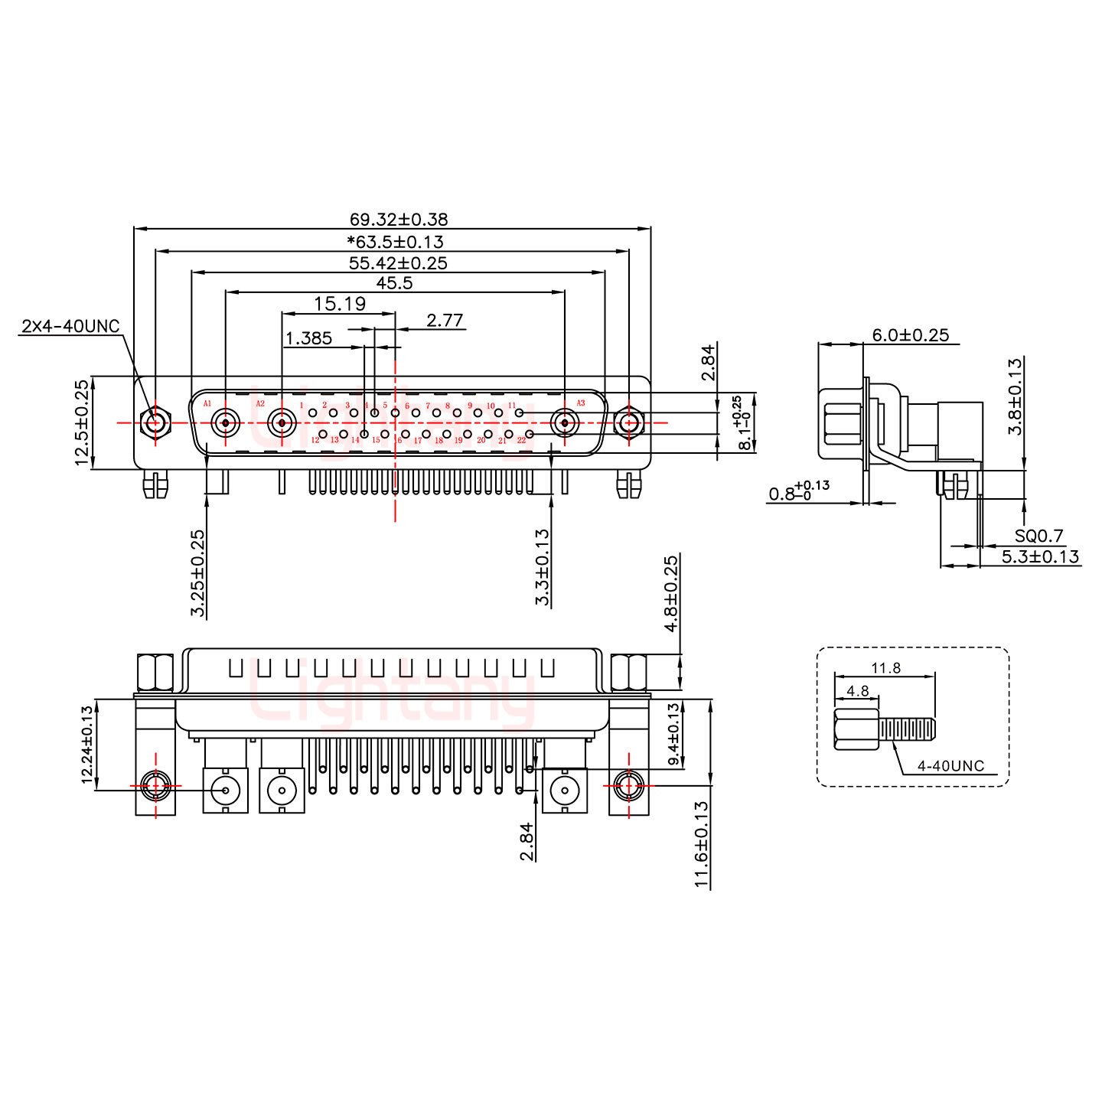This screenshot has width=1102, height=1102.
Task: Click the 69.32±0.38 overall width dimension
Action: coord(398,220)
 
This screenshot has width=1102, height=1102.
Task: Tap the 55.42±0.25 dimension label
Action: coord(398,263)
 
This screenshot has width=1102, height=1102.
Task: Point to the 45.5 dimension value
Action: coord(396,283)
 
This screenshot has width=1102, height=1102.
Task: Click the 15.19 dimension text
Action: coord(340,304)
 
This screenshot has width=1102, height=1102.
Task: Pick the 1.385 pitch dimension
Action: coord(308,338)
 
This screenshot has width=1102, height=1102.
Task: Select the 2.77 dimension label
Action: coord(445,320)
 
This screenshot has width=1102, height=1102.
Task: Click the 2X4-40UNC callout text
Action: coord(70,327)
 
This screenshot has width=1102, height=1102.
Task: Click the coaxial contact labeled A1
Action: coord(226,422)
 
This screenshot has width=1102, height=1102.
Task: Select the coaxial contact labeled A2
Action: coord(282,422)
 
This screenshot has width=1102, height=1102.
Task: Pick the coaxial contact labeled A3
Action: coord(565,422)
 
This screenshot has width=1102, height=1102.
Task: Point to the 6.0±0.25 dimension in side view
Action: coord(910,334)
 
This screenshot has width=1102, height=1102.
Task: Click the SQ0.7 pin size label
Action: coord(1038,536)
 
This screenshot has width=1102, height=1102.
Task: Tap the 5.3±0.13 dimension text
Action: coord(1040,556)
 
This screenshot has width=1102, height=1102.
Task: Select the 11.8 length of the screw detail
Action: coord(885,668)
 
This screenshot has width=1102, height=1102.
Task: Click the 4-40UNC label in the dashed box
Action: coord(953,766)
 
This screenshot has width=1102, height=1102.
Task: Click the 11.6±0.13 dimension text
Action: coord(701,844)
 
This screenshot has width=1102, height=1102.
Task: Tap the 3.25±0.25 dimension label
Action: coord(197,573)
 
